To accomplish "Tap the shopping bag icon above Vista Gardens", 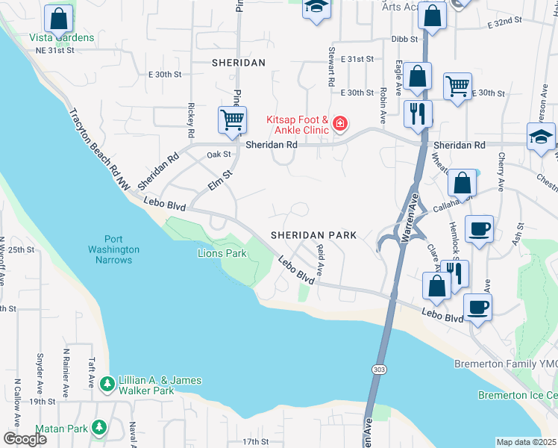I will tap(58, 18).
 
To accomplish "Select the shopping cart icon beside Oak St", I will tap(232, 119).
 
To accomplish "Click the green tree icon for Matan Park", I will tap(98, 428).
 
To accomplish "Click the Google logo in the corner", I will tap(25, 439).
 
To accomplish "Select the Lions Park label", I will tap(222, 254).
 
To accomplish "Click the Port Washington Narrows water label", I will tap(113, 255).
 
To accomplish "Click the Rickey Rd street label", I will tap(192, 120).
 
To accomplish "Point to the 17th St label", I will tap(255, 441).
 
